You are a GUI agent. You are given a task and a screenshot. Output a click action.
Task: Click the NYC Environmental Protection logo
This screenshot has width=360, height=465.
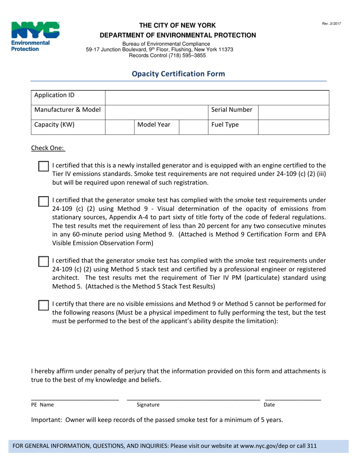click(35, 37)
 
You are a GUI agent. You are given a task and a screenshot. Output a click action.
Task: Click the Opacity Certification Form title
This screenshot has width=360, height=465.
click(178, 74)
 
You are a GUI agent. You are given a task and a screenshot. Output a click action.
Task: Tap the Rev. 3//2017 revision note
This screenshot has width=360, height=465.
click(332, 24)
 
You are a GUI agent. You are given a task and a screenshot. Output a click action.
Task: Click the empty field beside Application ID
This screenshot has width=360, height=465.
click(217, 97)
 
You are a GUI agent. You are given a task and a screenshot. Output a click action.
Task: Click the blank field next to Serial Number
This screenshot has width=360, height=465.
click(293, 112)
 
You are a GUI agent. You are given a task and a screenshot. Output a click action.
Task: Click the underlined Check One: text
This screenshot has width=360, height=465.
click(48, 148)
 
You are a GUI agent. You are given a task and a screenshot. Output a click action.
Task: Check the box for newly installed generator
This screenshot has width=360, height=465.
click(44, 166)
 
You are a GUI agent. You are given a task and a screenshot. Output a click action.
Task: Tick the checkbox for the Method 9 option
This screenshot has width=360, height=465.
click(44, 201)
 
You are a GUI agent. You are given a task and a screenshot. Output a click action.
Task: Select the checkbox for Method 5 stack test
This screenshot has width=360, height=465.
click(44, 262)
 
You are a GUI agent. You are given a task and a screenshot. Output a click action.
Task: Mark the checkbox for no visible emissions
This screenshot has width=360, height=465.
click(44, 305)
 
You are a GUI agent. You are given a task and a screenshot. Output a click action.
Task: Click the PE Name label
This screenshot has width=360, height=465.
click(42, 405)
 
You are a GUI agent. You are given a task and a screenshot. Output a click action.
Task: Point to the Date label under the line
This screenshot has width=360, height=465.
click(269, 405)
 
